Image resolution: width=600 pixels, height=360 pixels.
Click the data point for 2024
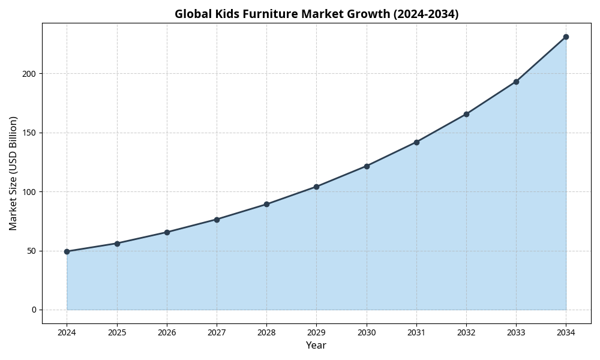tap(67, 251)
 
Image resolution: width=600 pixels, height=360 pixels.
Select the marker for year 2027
tap(217, 220)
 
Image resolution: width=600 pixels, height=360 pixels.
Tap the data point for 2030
tap(367, 166)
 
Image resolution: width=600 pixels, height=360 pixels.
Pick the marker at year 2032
tap(466, 114)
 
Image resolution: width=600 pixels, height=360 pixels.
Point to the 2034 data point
tap(566, 37)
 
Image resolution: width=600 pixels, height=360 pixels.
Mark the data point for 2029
tap(316, 187)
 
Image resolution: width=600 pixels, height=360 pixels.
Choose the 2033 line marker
tap(516, 82)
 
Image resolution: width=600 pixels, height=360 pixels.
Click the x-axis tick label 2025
tap(117, 332)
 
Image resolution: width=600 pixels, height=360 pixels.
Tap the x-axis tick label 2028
tap(266, 332)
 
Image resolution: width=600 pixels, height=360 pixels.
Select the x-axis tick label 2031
tap(416, 332)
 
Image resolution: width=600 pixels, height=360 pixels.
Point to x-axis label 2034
tap(566, 332)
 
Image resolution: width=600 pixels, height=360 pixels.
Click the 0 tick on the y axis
tap(34, 310)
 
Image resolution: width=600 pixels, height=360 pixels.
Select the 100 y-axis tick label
tap(29, 192)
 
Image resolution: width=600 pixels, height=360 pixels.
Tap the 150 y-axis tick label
tap(29, 133)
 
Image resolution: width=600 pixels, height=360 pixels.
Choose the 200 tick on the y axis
tap(29, 74)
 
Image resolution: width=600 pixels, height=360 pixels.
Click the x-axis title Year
tap(316, 346)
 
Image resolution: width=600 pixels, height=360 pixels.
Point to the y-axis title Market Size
tap(13, 173)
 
